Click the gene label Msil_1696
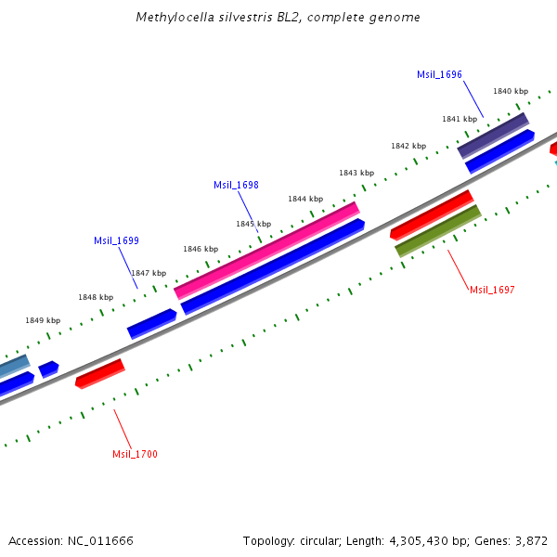[439, 74]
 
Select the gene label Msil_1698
[236, 185]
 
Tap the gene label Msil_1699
[116, 240]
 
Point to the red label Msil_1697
[492, 290]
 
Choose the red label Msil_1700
[135, 454]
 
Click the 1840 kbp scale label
[511, 91]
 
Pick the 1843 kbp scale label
[356, 173]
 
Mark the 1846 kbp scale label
[201, 249]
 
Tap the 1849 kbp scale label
[43, 320]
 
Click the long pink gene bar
[266, 250]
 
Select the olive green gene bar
[438, 230]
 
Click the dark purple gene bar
[493, 136]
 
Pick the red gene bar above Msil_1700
[99, 374]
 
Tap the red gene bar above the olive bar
[432, 214]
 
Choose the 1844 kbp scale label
[305, 199]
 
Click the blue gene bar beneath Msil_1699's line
[151, 323]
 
